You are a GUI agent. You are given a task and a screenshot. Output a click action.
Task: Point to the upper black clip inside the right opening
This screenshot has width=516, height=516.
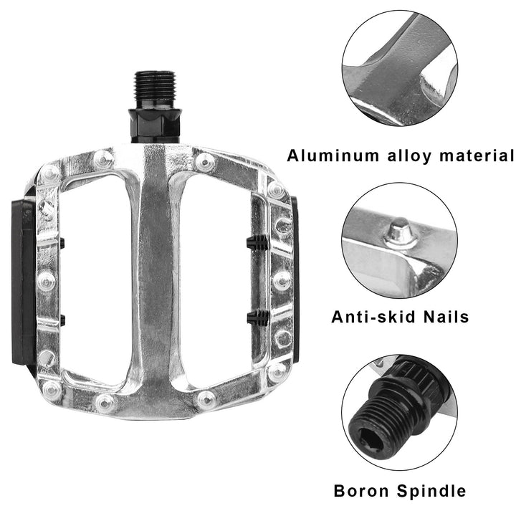coord(257,242)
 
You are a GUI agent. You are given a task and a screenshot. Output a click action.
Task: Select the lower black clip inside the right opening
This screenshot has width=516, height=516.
coord(258,317)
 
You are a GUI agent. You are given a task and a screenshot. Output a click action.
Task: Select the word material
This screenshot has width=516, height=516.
coord(477,156)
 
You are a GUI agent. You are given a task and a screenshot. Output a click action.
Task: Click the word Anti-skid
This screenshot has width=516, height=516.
coord(374,317)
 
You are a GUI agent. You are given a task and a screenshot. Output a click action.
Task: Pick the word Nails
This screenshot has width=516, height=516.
coord(446,317)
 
